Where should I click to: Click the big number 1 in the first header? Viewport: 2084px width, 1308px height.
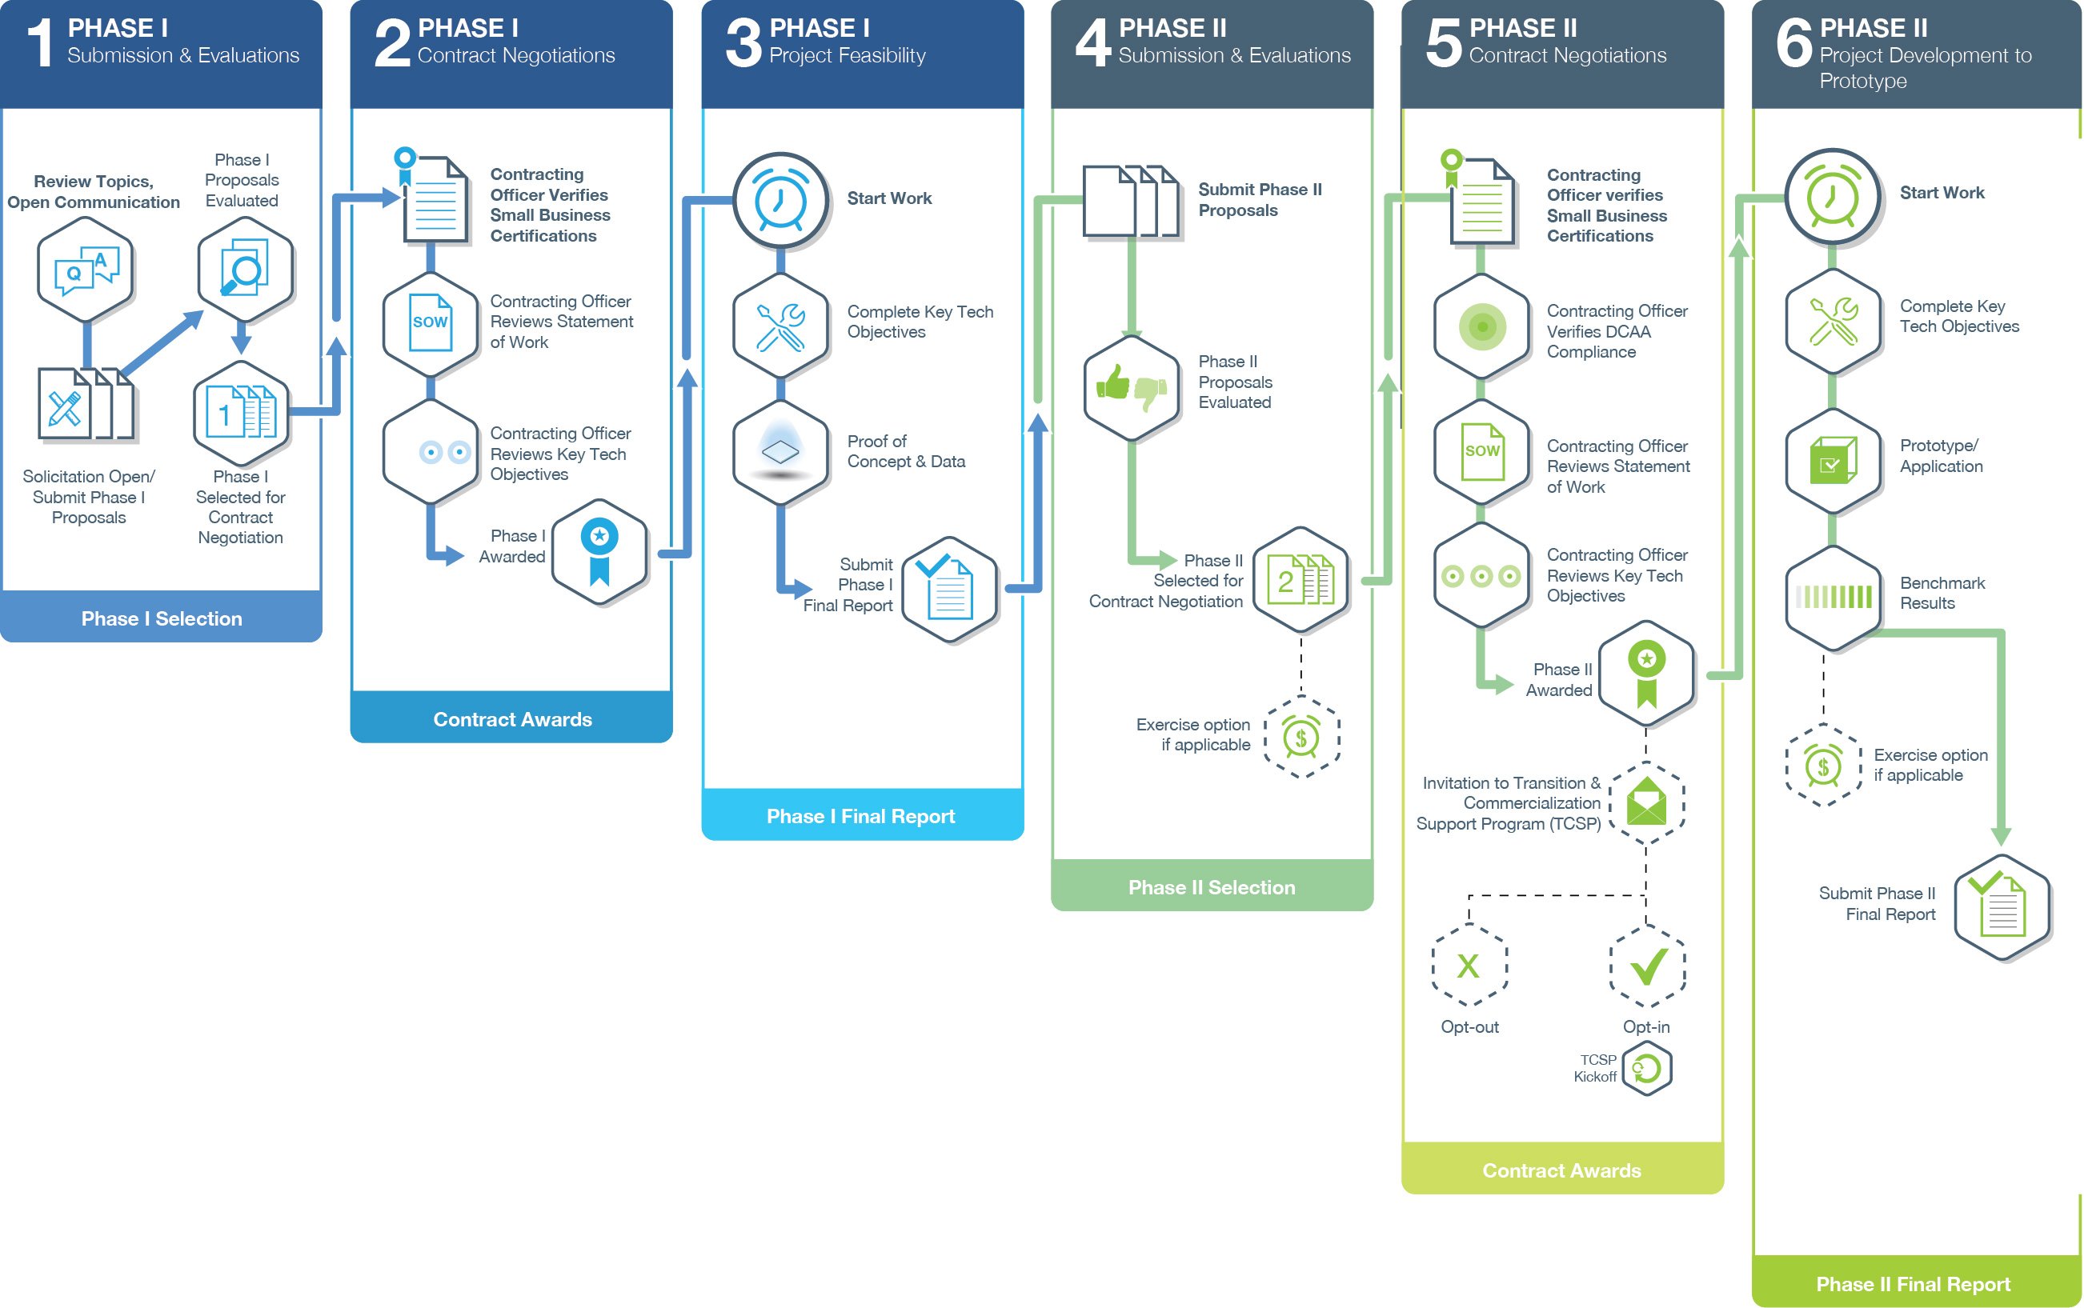[40, 43]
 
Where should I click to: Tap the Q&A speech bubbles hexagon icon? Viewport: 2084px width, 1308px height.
[85, 269]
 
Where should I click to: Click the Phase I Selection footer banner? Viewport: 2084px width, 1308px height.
[161, 618]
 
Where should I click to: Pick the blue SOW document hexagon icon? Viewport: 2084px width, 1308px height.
[430, 322]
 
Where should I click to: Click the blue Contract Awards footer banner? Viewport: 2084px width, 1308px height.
[511, 718]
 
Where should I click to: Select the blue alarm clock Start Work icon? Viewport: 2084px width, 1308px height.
[780, 200]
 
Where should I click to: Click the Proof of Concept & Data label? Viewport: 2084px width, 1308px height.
[905, 450]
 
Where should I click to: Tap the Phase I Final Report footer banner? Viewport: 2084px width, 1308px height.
[861, 815]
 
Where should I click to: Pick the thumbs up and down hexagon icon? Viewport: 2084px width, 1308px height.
[1131, 386]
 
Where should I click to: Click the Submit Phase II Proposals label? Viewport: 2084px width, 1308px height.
[1259, 199]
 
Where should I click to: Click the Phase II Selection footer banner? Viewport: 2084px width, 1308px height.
[1211, 886]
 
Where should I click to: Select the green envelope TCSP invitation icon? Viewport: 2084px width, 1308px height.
[1646, 801]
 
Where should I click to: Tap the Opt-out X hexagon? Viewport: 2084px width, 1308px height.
[1469, 966]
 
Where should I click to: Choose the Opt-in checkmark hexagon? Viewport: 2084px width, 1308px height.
[1647, 966]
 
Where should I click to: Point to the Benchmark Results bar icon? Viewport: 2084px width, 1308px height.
[1833, 596]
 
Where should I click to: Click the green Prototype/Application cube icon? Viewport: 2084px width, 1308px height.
[1833, 459]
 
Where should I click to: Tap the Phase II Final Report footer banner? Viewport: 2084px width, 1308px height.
[1913, 1283]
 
